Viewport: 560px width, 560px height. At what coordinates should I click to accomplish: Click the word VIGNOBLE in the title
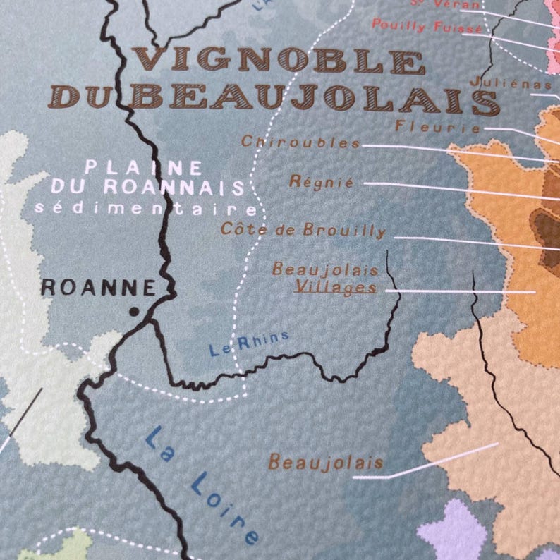[279, 60]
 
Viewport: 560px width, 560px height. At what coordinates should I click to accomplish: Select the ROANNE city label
[98, 287]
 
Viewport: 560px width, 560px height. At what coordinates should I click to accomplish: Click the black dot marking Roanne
[133, 311]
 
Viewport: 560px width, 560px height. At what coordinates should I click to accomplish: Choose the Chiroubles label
[300, 142]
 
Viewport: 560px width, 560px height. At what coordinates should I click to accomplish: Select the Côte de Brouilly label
[303, 229]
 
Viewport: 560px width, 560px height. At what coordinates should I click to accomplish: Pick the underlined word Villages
[335, 287]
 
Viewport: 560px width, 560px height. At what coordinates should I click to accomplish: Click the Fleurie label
[438, 128]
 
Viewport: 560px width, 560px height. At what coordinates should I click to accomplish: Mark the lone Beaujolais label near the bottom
[326, 463]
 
